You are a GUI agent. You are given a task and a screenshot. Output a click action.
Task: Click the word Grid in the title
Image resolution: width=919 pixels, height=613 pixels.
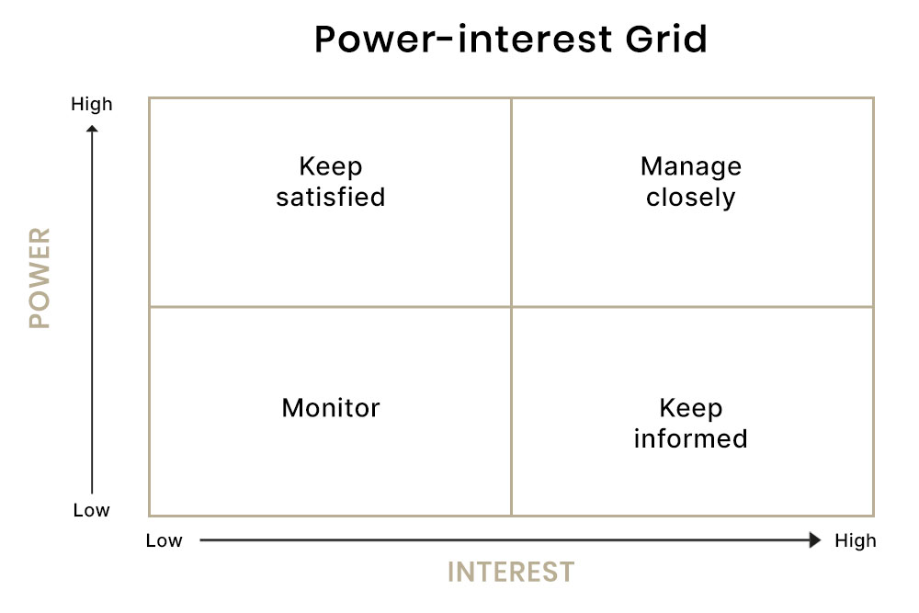click(666, 40)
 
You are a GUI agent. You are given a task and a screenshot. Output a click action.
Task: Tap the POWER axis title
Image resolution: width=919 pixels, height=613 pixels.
click(40, 278)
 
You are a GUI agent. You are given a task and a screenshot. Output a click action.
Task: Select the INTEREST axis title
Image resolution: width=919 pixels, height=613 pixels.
click(511, 572)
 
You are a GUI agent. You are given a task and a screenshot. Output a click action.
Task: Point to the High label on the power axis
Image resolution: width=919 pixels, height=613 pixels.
click(91, 105)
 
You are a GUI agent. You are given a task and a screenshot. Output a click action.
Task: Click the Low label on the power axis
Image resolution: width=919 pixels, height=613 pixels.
click(91, 510)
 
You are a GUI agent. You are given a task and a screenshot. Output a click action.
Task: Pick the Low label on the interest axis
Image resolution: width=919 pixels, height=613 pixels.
click(165, 540)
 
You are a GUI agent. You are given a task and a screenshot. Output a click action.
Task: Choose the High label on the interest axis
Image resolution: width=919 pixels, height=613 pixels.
click(856, 540)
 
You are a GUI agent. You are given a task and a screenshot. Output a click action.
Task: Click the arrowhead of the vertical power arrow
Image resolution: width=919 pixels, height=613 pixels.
click(92, 129)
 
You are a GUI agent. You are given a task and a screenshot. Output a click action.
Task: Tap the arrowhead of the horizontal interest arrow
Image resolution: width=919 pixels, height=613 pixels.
click(814, 539)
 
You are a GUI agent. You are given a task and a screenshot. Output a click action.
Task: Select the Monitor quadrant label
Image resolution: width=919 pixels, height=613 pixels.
click(331, 408)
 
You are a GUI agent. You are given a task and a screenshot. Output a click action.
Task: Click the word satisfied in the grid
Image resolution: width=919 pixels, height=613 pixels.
click(331, 197)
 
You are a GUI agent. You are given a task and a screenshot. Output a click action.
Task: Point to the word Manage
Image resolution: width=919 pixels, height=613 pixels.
click(691, 167)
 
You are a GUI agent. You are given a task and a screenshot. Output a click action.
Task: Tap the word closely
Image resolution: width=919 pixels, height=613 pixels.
click(691, 199)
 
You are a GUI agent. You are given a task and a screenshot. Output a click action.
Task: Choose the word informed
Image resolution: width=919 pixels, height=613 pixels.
click(691, 438)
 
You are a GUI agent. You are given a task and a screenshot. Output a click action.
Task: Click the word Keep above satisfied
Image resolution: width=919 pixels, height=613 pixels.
click(331, 167)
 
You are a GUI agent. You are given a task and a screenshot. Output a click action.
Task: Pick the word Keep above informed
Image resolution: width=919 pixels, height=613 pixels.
click(691, 408)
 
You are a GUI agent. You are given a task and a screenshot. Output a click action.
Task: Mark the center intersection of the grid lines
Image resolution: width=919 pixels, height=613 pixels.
click(512, 307)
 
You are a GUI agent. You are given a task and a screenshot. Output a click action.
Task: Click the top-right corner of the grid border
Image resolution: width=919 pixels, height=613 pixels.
click(873, 97)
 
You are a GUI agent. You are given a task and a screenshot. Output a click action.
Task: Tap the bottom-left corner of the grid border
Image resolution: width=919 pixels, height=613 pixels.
click(150, 516)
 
